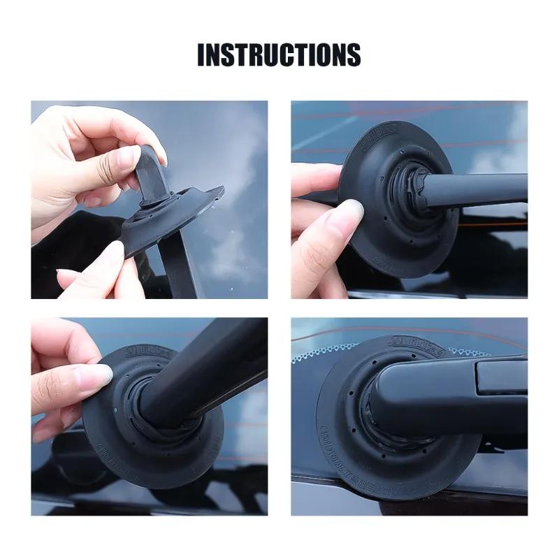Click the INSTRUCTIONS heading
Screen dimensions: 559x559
[x=279, y=55]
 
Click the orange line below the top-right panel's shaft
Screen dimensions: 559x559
[x=489, y=217]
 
